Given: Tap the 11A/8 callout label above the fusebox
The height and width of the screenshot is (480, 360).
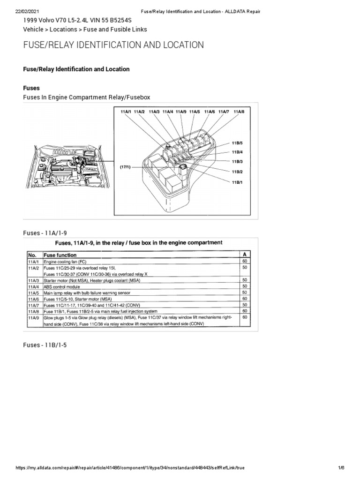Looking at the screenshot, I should tap(239, 112).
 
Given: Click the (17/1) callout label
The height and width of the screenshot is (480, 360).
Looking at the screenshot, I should tap(125, 167).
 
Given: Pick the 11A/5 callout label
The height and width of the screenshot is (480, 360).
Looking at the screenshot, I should tap(195, 112).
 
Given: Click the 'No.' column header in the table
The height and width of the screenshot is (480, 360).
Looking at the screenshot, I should tap(32, 255).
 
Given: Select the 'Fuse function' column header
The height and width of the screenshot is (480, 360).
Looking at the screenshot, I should tap(60, 255).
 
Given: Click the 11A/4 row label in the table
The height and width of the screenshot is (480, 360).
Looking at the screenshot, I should tap(33, 286).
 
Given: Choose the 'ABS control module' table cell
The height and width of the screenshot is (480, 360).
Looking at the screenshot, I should tap(63, 286).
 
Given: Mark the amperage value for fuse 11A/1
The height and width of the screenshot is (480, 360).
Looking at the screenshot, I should tap(244, 261).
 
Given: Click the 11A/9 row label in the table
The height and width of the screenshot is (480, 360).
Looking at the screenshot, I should tap(33, 317).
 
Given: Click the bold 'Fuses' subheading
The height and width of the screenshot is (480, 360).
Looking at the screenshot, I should tap(31, 87).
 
